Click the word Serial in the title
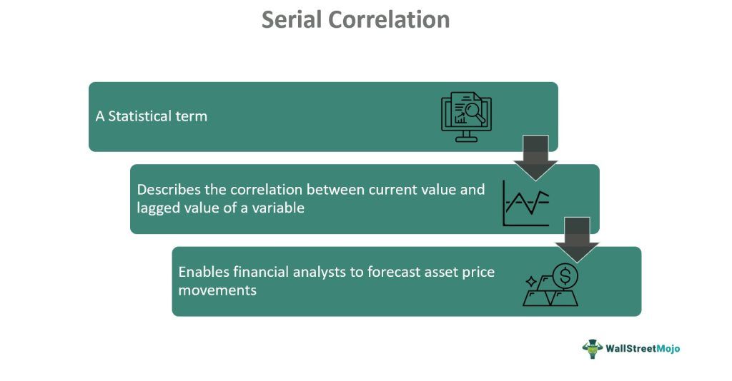click(x=292, y=20)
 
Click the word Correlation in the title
click(x=389, y=20)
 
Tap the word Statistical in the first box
click(x=134, y=116)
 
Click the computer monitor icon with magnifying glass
click(x=466, y=117)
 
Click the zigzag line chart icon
click(x=526, y=203)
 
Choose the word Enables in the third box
click(x=204, y=272)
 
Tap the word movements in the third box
click(x=217, y=290)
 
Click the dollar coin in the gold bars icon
click(x=565, y=275)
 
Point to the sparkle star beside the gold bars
click(x=531, y=281)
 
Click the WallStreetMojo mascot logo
click(x=593, y=348)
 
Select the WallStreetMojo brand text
click(x=643, y=348)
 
